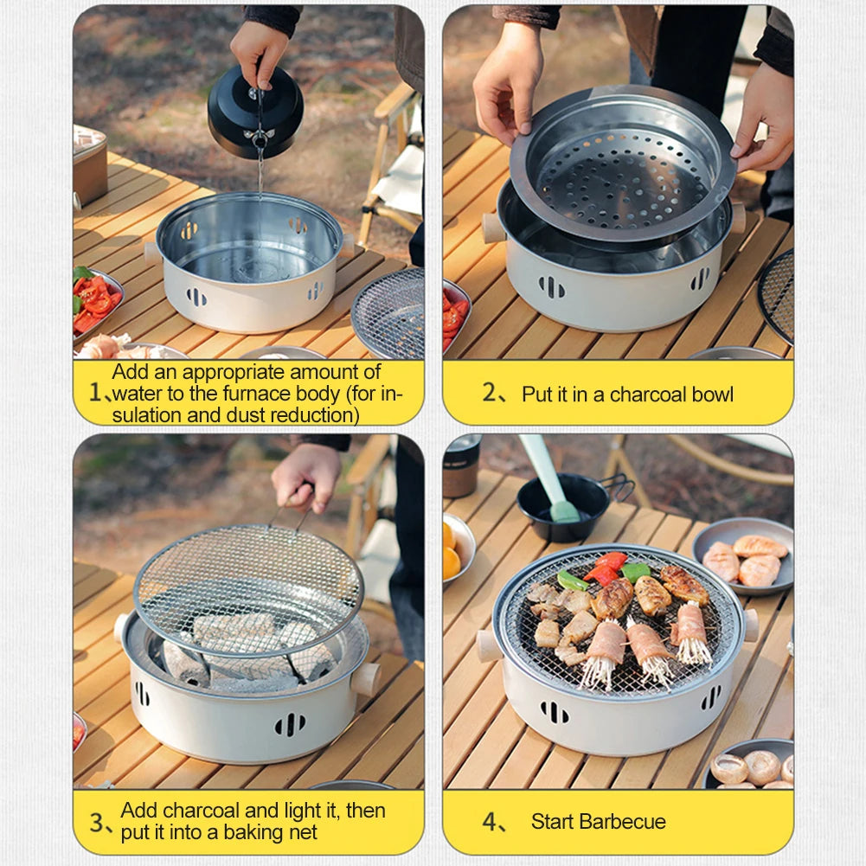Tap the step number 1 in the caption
click(95, 393)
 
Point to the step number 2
click(490, 393)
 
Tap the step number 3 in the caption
click(97, 823)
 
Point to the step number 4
click(490, 822)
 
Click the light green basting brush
click(549, 477)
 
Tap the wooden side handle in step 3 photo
click(366, 679)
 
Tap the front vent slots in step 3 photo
click(290, 724)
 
